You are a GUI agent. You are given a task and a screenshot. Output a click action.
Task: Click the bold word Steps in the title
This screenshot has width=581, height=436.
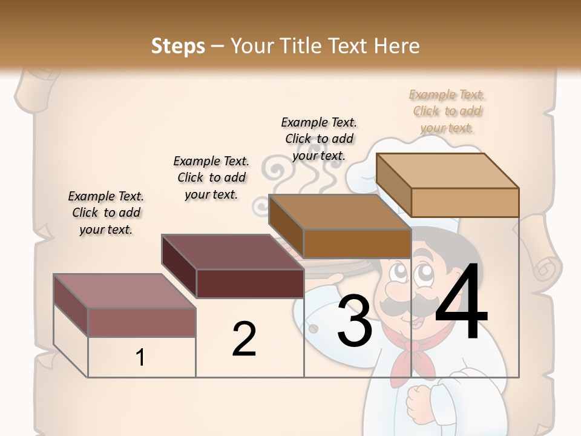[x=177, y=45]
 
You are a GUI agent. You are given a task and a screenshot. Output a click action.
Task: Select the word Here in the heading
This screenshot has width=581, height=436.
[x=397, y=45]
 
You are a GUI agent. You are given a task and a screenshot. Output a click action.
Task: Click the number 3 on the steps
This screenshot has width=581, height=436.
[x=354, y=320]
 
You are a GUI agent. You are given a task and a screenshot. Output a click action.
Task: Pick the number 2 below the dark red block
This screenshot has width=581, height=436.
[x=244, y=339]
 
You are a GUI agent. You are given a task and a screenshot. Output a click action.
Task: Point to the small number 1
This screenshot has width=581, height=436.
[x=140, y=357]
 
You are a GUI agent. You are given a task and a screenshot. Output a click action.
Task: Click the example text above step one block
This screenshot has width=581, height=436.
[x=106, y=213]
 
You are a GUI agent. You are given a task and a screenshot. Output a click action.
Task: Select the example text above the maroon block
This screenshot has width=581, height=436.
[x=211, y=177]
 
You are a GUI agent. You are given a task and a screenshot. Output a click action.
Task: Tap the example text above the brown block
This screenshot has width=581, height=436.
[x=319, y=139]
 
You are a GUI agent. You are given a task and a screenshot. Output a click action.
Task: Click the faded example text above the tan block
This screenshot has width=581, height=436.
[x=447, y=111]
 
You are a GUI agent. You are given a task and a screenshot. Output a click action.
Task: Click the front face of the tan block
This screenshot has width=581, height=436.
[x=465, y=202]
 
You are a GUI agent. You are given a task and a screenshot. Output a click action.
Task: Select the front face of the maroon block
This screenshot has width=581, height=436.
[x=250, y=283]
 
